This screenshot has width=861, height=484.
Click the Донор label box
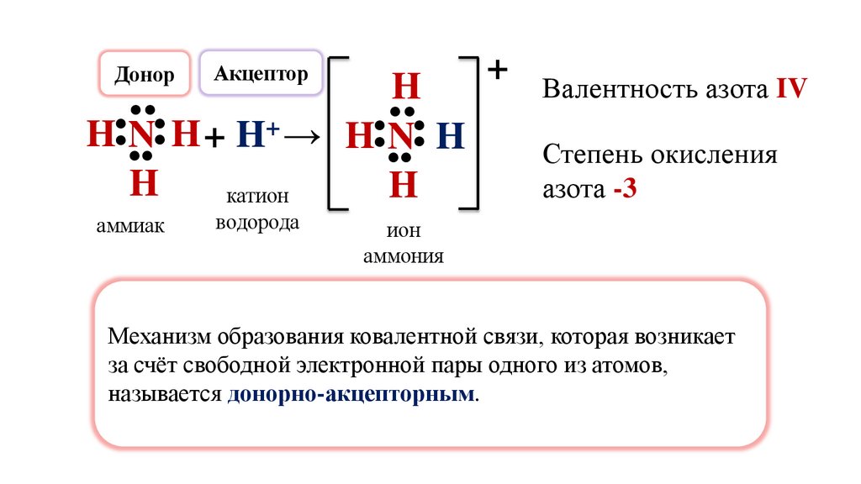pyautogui.click(x=144, y=74)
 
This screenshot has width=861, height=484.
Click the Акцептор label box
pyautogui.click(x=261, y=73)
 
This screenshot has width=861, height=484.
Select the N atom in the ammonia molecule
pyautogui.click(x=144, y=134)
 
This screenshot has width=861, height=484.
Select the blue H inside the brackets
pyautogui.click(x=451, y=136)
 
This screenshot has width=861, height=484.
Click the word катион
pyautogui.click(x=256, y=197)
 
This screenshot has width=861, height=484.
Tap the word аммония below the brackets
pyautogui.click(x=403, y=255)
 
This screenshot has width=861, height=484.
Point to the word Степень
pyautogui.click(x=586, y=155)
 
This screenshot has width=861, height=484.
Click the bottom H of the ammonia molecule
pyautogui.click(x=144, y=183)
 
